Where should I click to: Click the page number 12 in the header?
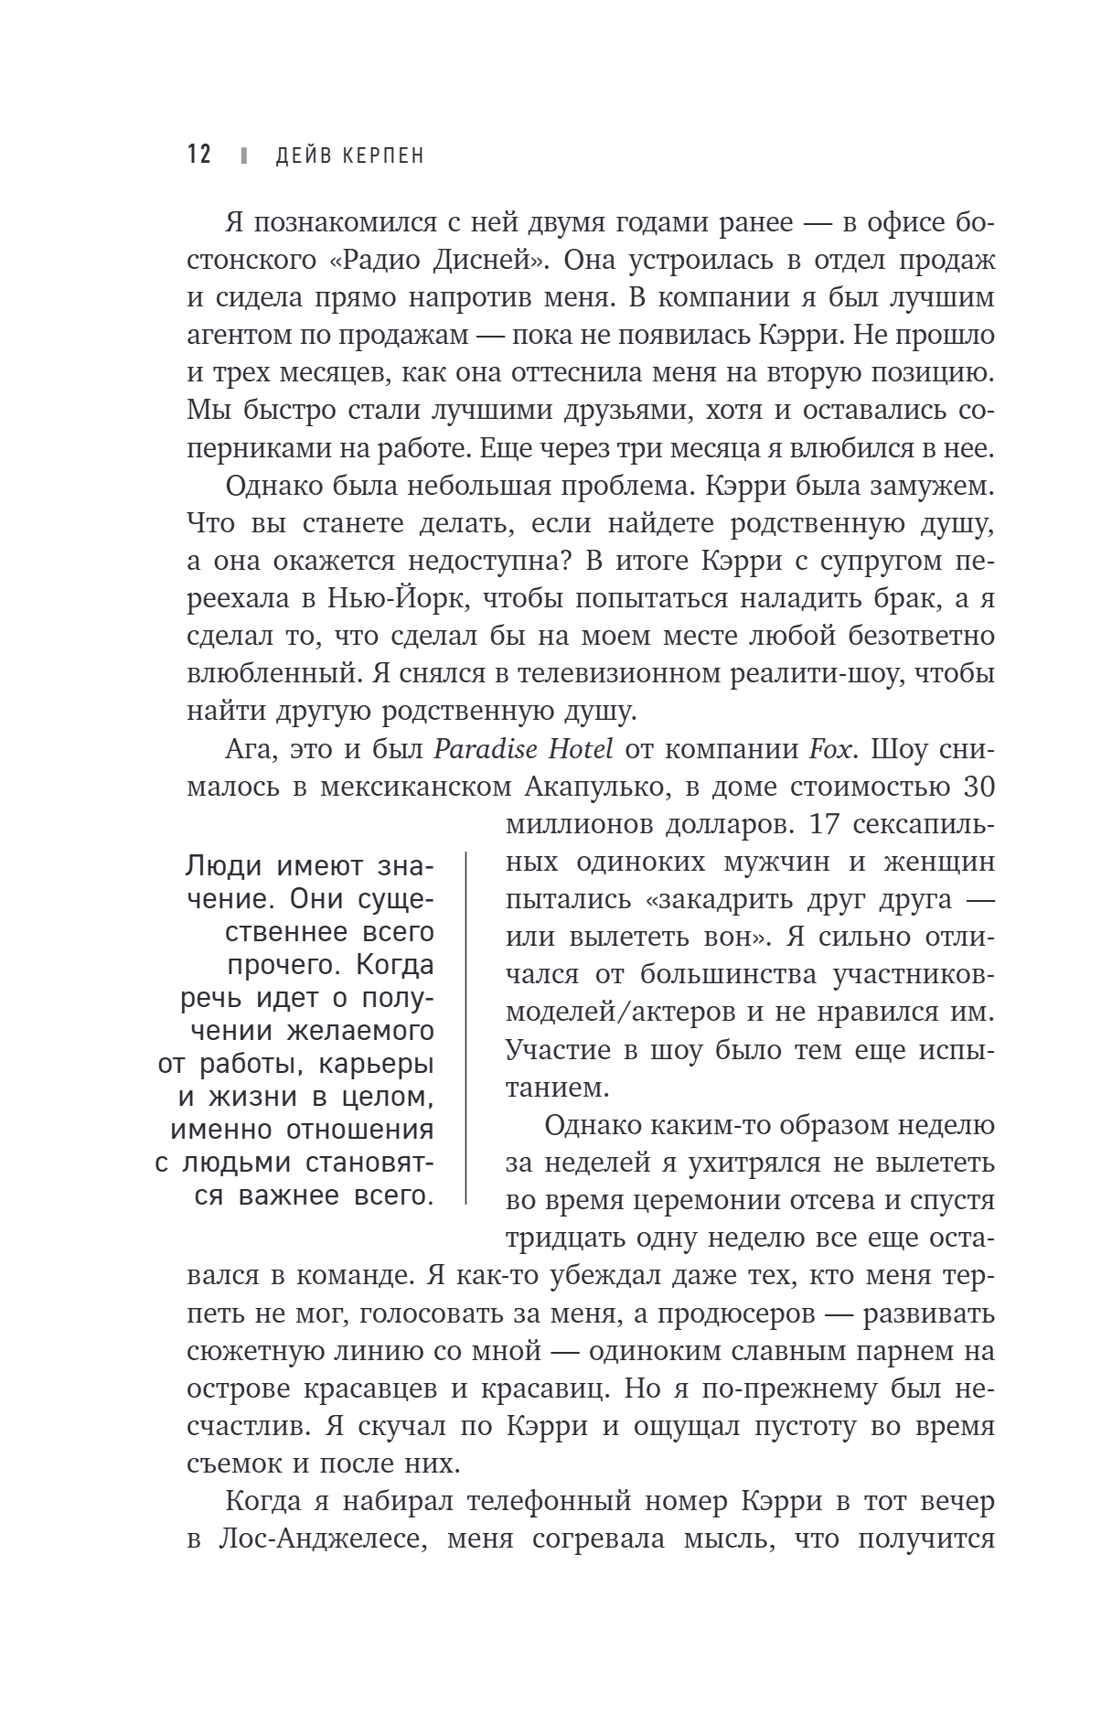tap(199, 155)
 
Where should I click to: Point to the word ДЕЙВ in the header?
tap(305, 155)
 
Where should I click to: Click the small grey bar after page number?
tap(243, 155)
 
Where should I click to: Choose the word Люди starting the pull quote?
tap(223, 865)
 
